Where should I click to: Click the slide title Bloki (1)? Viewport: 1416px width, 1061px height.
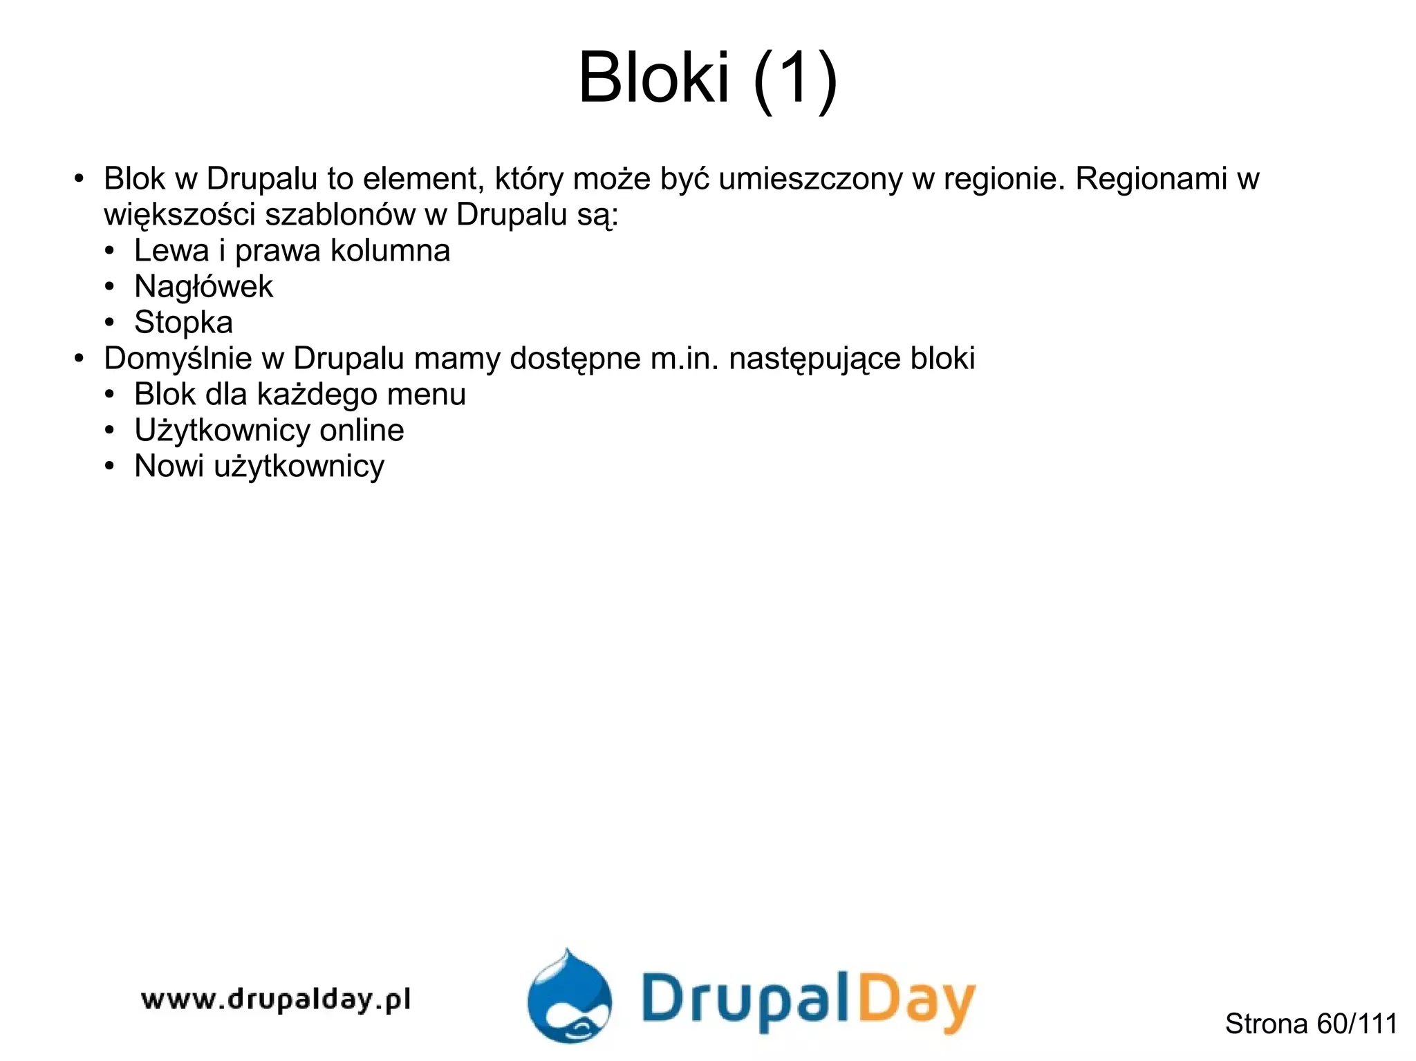pyautogui.click(x=707, y=77)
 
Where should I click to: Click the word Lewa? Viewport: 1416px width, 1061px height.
pyautogui.click(x=171, y=250)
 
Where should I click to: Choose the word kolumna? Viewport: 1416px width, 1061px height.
pyautogui.click(x=390, y=250)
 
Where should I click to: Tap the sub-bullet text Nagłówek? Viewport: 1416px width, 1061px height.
pyautogui.click(x=203, y=287)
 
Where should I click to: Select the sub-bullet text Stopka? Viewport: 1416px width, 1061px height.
pyautogui.click(x=183, y=323)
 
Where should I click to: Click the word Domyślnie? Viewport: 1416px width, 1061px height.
pyautogui.click(x=178, y=359)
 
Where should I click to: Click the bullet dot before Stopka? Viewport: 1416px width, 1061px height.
pyautogui.click(x=109, y=323)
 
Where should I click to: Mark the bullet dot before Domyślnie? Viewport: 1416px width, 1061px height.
pyautogui.click(x=79, y=359)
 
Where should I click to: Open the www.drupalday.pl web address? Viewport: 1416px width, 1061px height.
pyautogui.click(x=275, y=999)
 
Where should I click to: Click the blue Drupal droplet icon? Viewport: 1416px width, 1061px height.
pyautogui.click(x=568, y=998)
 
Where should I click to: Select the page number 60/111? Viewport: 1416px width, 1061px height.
pyautogui.click(x=1357, y=1024)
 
